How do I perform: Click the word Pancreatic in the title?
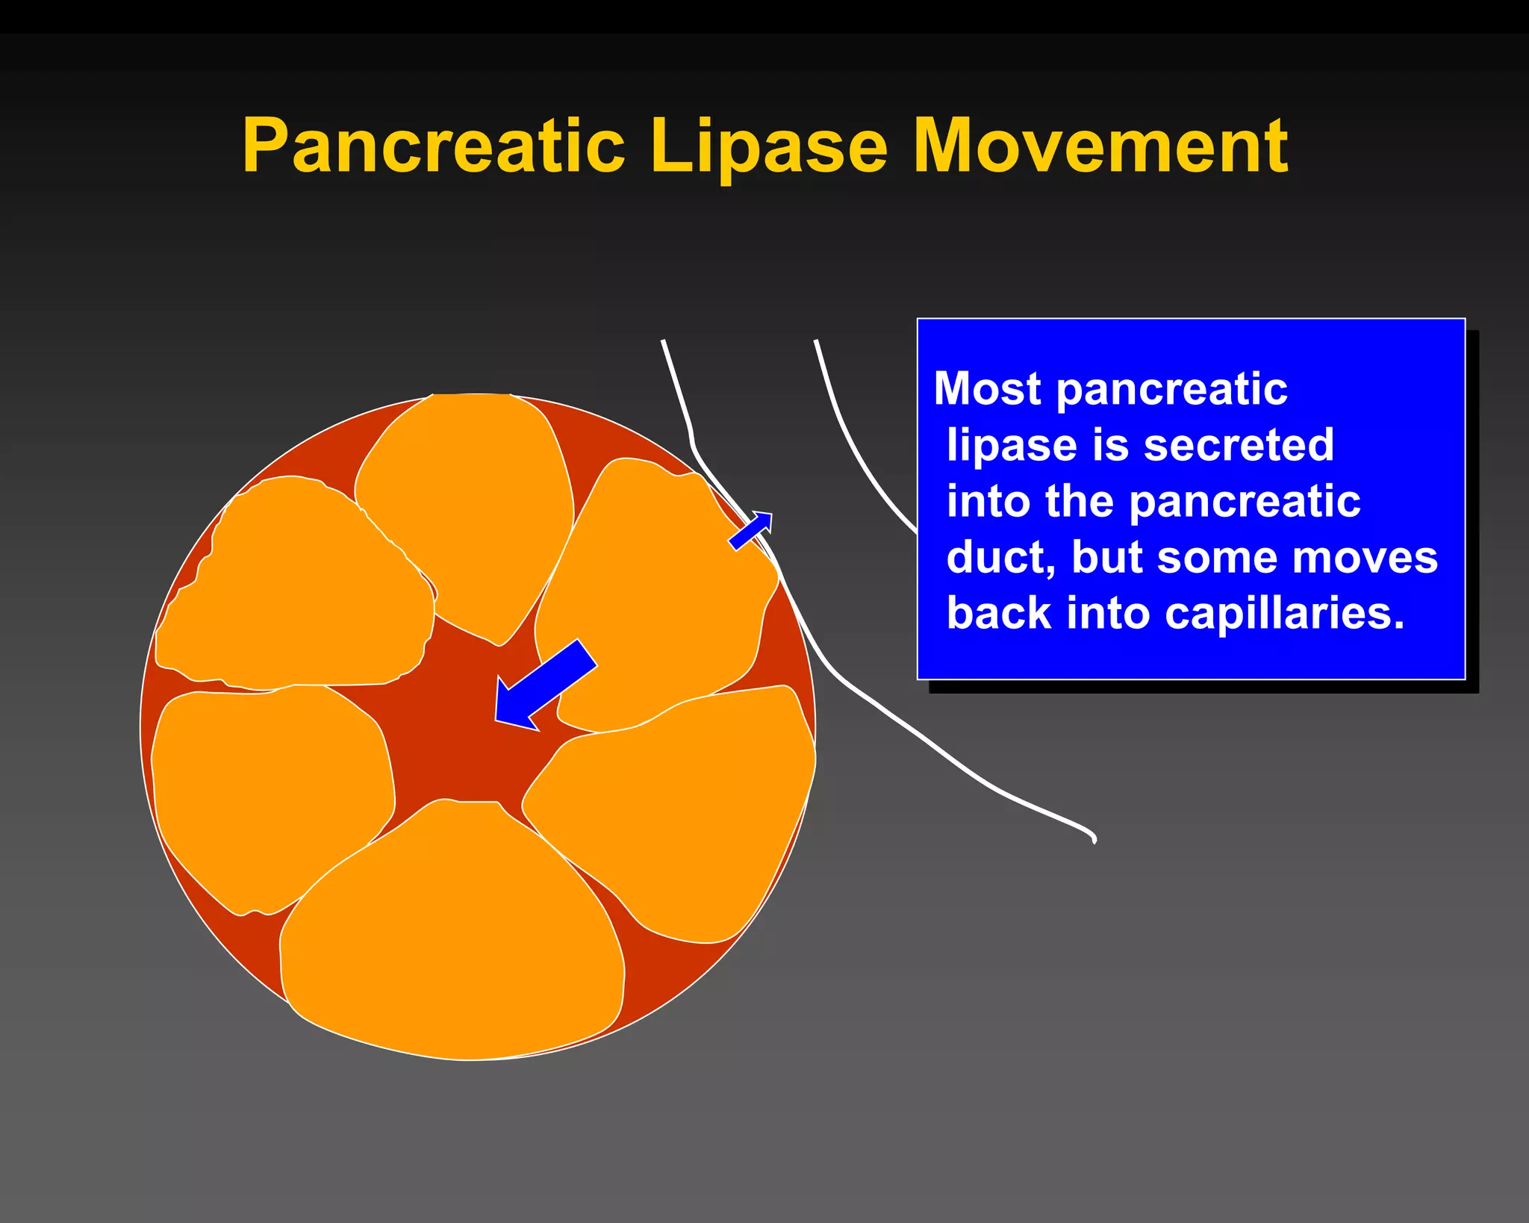point(433,146)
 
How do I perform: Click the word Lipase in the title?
point(769,147)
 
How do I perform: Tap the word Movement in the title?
point(1100,146)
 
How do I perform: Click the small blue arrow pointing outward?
point(751,531)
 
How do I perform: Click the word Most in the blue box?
point(987,389)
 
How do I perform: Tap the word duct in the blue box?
point(1000,557)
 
